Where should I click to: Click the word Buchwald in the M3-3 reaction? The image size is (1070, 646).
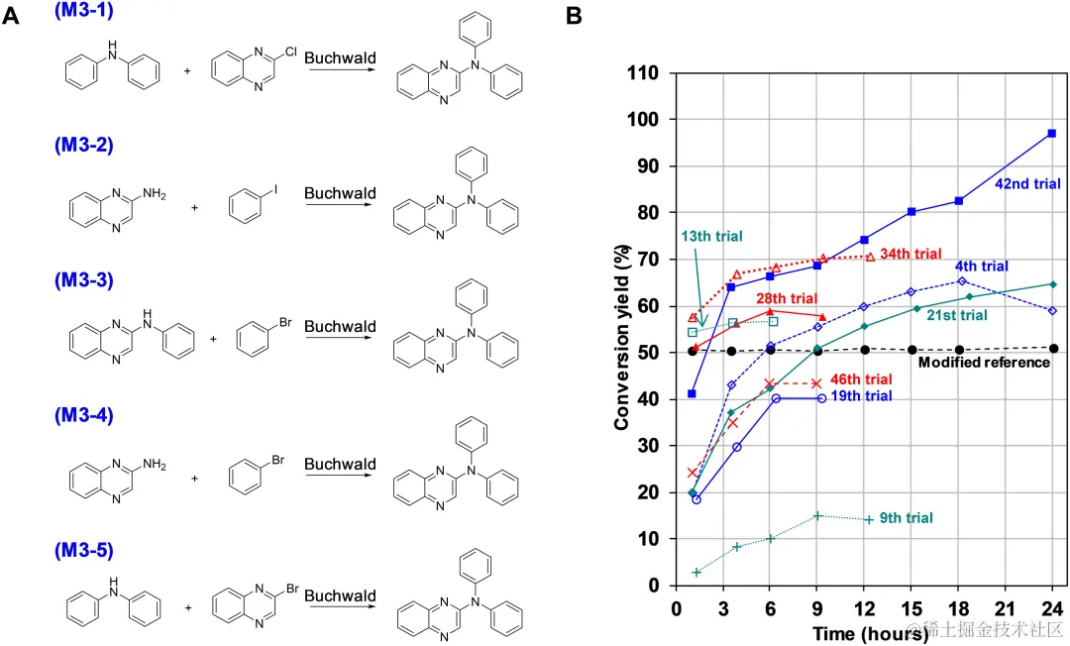[x=340, y=326]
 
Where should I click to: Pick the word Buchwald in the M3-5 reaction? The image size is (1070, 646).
[x=340, y=595]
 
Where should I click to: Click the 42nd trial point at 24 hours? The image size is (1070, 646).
[x=1051, y=133]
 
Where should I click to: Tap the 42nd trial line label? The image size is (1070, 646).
[x=1027, y=183]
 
